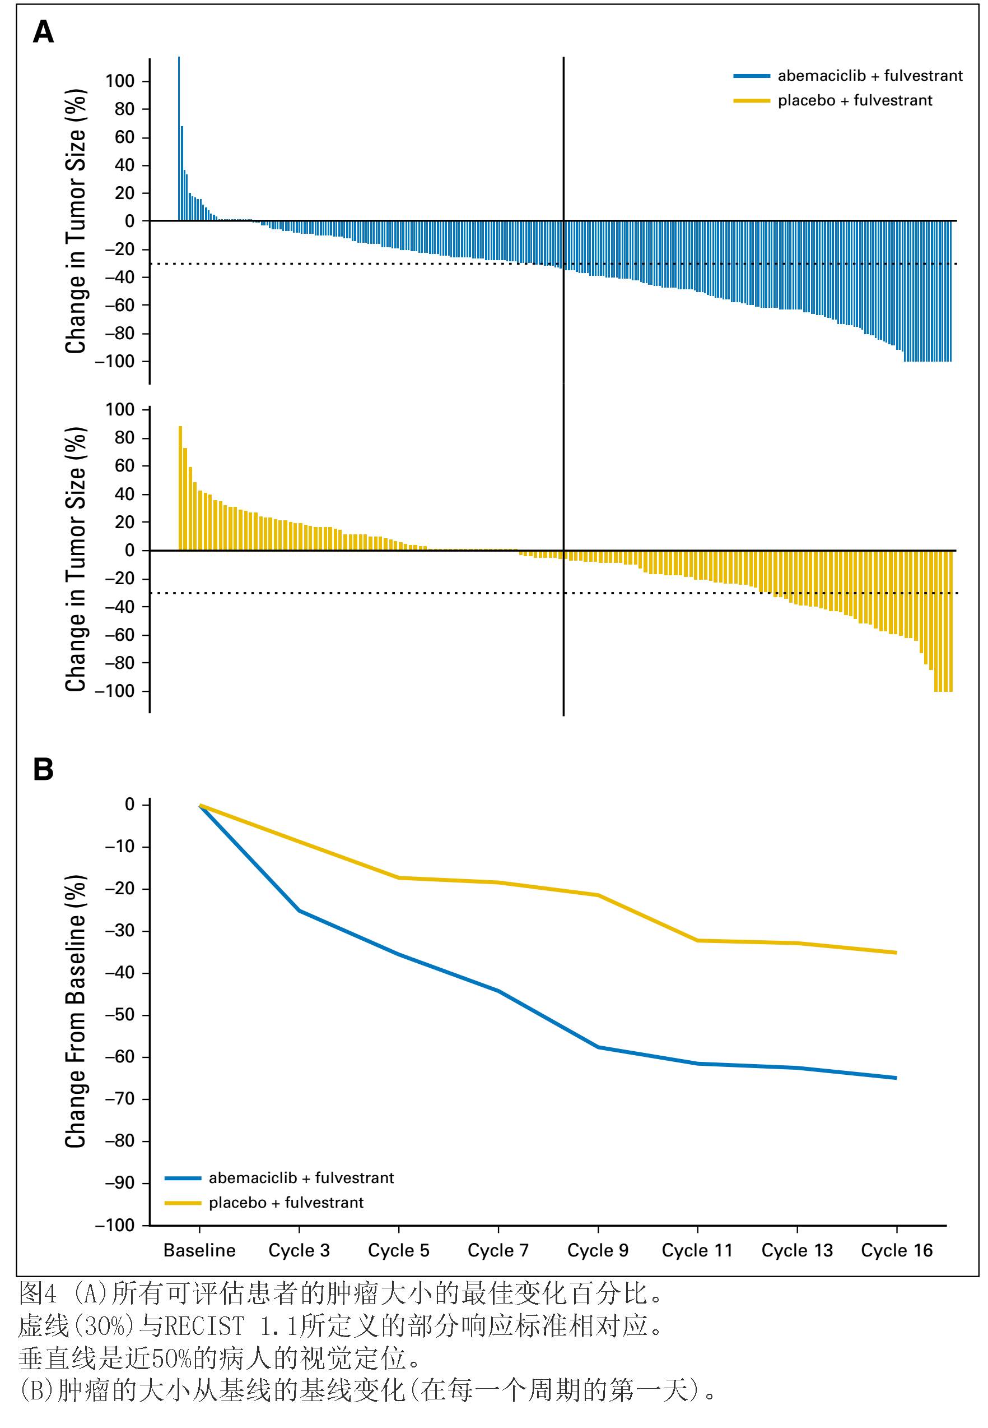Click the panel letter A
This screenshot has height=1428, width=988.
[x=43, y=31]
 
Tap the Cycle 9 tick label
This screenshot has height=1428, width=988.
[x=598, y=1250]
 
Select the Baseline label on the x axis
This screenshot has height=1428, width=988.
[x=199, y=1250]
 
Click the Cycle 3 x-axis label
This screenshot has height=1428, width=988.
[x=299, y=1250]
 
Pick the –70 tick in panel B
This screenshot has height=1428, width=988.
[x=119, y=1098]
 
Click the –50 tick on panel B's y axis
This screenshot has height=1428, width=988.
[x=119, y=1015]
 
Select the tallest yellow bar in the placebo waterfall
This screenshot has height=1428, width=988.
[x=180, y=488]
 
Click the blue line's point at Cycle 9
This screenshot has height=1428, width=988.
[x=598, y=1047]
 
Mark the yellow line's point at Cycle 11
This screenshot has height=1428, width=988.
[x=698, y=940]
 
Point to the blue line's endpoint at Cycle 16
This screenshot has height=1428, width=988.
[x=896, y=1078]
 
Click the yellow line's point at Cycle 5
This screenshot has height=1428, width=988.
[x=399, y=878]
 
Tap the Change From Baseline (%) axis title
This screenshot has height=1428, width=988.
[x=75, y=1011]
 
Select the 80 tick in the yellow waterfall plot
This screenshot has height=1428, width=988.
[x=124, y=437]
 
